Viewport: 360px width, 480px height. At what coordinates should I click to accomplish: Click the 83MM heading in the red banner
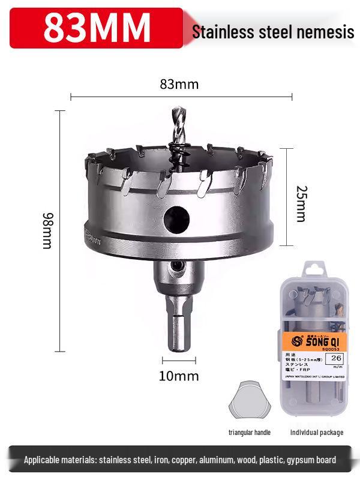(97, 27)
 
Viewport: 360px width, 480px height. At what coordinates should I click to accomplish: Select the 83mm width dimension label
(179, 84)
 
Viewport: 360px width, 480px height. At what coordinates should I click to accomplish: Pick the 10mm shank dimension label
(179, 376)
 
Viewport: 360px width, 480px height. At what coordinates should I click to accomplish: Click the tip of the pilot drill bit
(177, 110)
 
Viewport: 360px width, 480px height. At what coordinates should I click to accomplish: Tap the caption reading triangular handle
(250, 432)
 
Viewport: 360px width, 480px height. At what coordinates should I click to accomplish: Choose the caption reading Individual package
(317, 432)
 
